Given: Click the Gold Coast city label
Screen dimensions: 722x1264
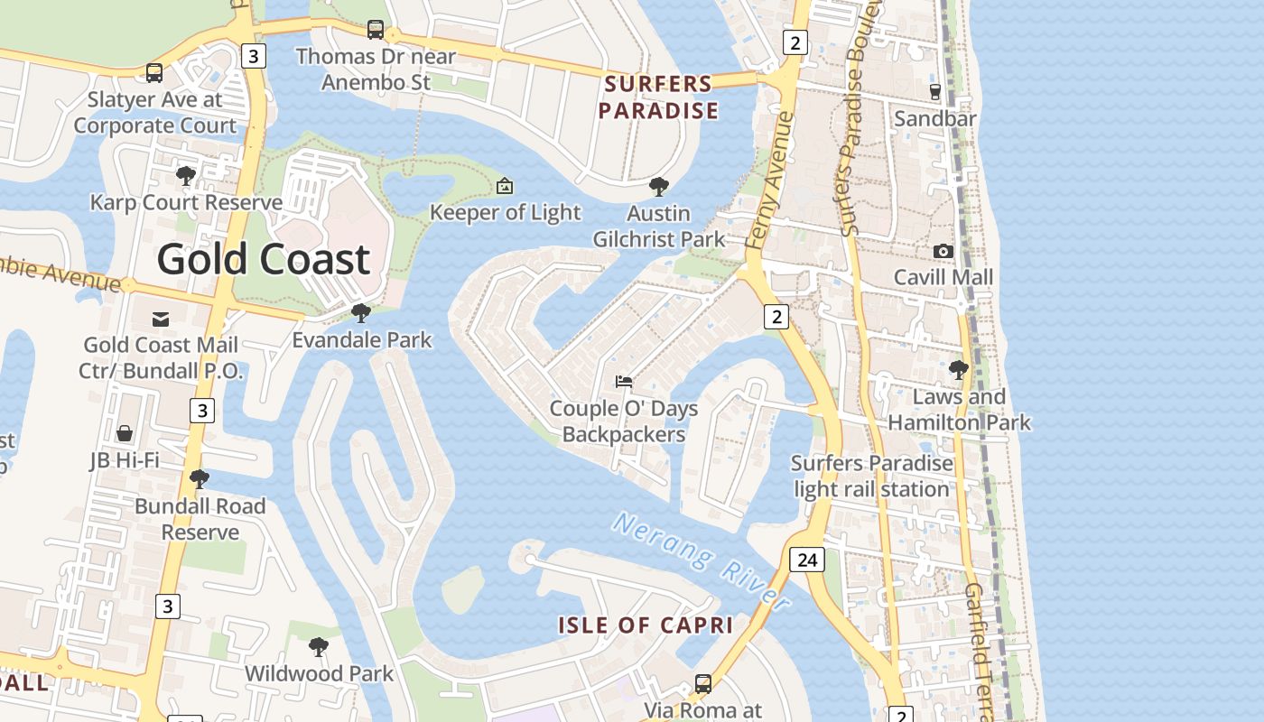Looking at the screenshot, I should click(264, 260).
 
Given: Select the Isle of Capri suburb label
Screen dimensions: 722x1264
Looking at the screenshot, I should click(645, 625).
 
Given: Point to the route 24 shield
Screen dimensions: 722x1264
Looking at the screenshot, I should click(807, 560).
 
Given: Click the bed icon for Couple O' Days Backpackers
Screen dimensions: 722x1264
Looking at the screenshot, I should click(624, 382).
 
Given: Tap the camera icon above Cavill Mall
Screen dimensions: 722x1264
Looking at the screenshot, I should click(943, 251).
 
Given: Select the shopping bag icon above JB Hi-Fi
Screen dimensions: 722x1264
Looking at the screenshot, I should click(125, 434).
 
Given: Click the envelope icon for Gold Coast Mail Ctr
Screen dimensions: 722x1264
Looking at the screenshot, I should click(161, 319).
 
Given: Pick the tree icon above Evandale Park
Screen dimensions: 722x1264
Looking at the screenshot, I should click(360, 313).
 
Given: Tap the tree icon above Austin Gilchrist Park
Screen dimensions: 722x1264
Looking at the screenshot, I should click(659, 187).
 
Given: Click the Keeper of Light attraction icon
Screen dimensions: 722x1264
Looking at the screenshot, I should click(505, 186).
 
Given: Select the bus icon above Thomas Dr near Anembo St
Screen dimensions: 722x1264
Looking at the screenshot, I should click(376, 30).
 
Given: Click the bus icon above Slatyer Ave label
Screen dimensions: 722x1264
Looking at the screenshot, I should click(154, 73).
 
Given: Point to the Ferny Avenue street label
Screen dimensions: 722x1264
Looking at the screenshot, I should click(770, 180).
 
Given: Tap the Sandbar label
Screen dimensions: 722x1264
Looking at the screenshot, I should click(934, 118).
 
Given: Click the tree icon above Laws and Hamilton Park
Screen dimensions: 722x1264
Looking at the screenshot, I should click(958, 369).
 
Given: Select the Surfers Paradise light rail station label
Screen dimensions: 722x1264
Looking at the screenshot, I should click(871, 477).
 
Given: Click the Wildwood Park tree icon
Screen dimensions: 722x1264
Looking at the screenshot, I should click(318, 646).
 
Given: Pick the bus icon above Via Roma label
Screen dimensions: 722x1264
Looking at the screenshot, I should click(703, 683).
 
